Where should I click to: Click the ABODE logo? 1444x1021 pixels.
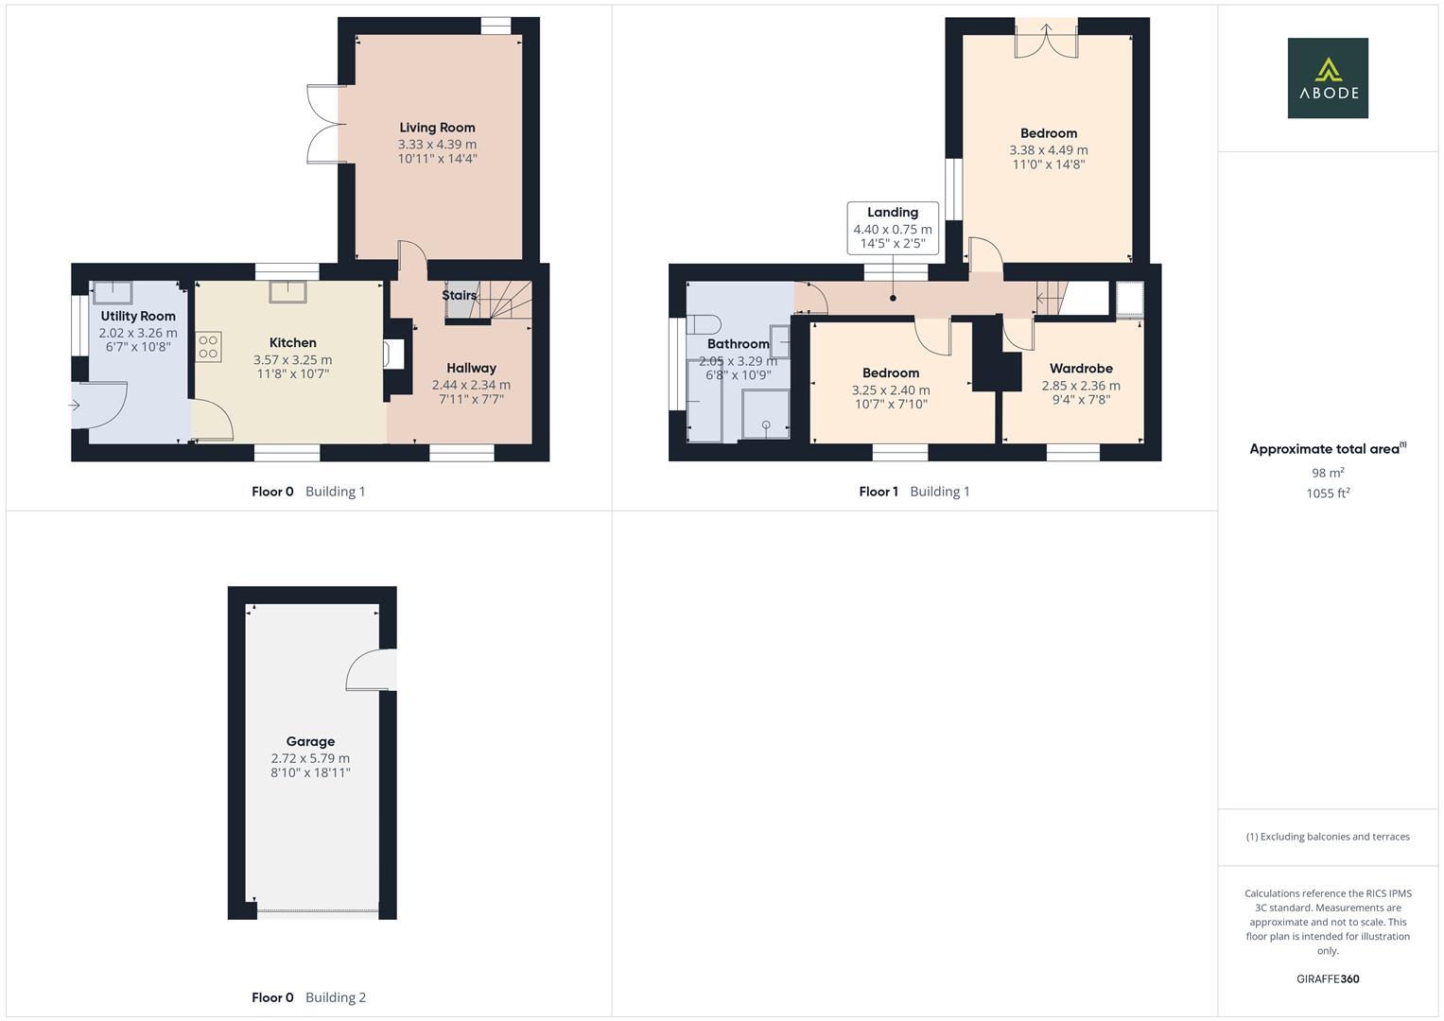click(1327, 78)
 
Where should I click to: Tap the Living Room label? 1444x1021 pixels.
click(437, 128)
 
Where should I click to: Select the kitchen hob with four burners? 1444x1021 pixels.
click(209, 346)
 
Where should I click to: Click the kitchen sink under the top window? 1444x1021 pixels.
click(287, 292)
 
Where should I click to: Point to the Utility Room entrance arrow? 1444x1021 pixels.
click(75, 406)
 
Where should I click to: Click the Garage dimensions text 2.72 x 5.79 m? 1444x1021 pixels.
click(310, 758)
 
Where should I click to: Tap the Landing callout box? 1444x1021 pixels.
click(893, 228)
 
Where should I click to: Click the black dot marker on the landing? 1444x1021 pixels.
click(893, 298)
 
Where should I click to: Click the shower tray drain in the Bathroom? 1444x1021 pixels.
click(766, 424)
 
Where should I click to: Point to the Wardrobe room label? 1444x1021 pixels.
click(1081, 369)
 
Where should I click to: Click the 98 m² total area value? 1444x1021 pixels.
click(1327, 473)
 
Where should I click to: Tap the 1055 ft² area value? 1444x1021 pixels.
click(1327, 493)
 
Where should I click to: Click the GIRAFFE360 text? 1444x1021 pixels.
click(1327, 978)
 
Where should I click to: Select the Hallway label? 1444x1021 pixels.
click(471, 369)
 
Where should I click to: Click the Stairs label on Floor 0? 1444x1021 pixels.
click(459, 295)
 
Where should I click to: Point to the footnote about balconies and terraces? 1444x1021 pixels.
click(1327, 837)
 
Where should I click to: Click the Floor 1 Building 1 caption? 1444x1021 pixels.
click(913, 492)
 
